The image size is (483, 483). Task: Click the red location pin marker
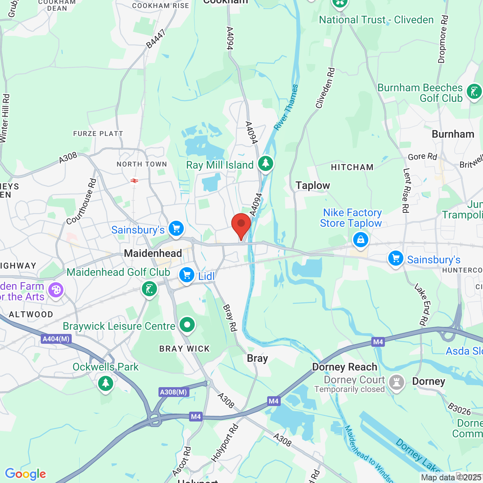241,225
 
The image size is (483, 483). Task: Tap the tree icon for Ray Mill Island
266,164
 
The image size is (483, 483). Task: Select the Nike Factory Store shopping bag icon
361,240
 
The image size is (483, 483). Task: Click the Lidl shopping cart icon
187,275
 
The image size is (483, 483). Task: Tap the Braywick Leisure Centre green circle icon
187,325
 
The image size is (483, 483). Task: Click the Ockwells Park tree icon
106,383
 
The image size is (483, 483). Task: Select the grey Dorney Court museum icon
397,382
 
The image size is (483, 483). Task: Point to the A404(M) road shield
56,339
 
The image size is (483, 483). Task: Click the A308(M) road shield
173,392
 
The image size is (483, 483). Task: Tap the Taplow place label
313,186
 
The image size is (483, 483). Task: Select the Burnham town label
453,134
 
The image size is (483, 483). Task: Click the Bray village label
257,358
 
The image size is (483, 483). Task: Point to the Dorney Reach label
345,367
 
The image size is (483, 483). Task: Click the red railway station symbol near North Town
134,181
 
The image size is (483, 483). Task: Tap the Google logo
26,474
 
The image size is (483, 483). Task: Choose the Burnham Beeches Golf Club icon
474,92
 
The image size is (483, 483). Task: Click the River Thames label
286,108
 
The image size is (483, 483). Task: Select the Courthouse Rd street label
82,202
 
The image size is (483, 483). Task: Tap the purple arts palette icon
56,290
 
